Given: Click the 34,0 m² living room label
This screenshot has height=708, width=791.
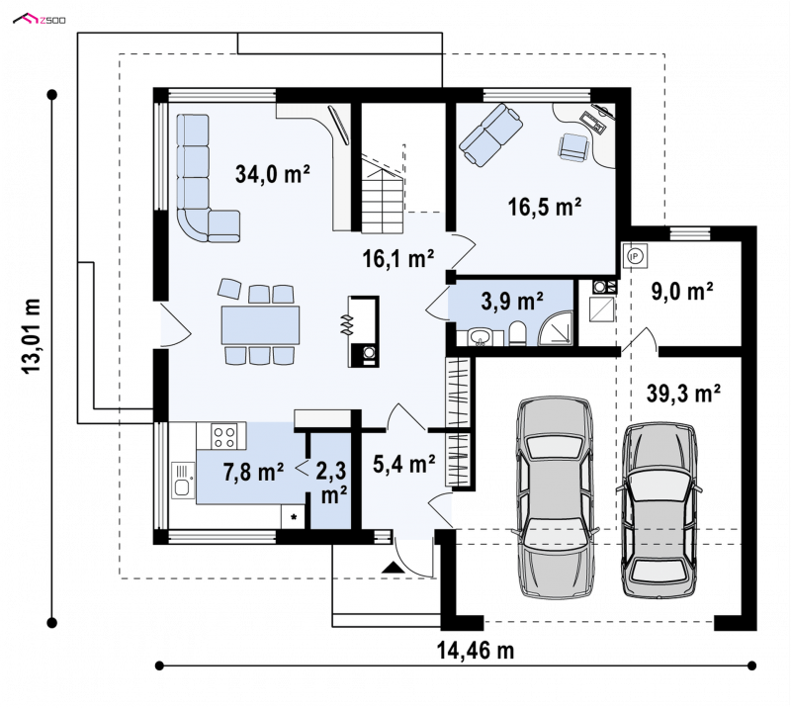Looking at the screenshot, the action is click(273, 174).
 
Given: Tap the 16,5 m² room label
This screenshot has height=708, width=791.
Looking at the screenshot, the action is click(545, 207).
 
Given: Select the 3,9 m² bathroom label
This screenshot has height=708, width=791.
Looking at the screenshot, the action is click(512, 302).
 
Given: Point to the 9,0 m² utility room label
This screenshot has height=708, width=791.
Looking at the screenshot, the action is click(682, 292).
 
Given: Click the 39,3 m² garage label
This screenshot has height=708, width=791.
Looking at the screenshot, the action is click(683, 394).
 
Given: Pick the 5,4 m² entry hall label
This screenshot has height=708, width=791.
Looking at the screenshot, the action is click(404, 464).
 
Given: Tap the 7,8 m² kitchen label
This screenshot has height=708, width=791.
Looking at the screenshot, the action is click(253, 473).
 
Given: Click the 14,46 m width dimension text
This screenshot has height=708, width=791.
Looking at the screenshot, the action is click(476, 651).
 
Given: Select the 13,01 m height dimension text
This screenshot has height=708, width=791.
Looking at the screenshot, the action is click(32, 335).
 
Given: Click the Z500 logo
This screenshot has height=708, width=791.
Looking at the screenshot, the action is click(40, 20).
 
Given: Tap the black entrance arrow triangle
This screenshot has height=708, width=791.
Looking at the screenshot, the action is click(393, 567).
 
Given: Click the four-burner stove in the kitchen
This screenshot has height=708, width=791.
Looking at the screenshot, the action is click(224, 436).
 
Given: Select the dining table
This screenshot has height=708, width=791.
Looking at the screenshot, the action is click(260, 325).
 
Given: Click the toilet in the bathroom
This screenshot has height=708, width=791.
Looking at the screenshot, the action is click(517, 334).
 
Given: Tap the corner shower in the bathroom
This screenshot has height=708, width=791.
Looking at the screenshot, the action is click(556, 328).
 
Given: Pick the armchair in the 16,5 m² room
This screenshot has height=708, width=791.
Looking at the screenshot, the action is click(574, 147).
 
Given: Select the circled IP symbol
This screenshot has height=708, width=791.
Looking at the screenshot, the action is click(635, 257).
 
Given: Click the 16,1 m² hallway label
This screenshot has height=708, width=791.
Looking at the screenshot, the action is click(398, 259).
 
